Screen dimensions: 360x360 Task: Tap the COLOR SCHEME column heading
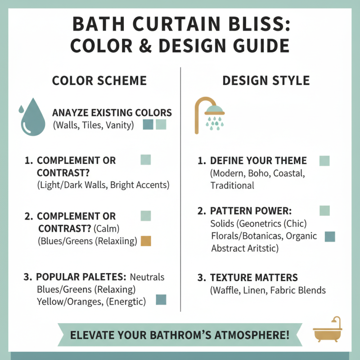point(99,81)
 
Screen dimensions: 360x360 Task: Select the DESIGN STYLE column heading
point(266,81)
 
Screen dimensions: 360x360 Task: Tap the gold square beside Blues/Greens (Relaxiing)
point(146,241)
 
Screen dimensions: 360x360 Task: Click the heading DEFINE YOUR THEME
point(258,161)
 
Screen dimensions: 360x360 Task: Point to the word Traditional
point(232,185)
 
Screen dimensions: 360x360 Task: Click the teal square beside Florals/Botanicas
point(330,236)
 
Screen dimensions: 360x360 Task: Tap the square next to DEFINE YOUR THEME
point(324,161)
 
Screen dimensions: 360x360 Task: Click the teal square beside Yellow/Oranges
point(161,299)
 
